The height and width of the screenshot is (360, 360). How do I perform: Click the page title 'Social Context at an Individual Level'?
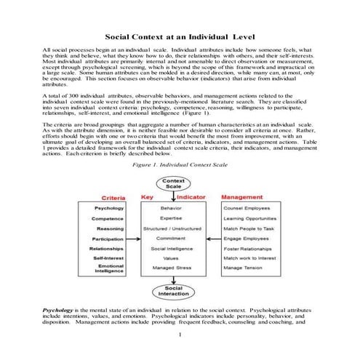tap(180, 34)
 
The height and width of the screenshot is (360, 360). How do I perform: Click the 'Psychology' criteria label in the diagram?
tap(113, 209)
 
